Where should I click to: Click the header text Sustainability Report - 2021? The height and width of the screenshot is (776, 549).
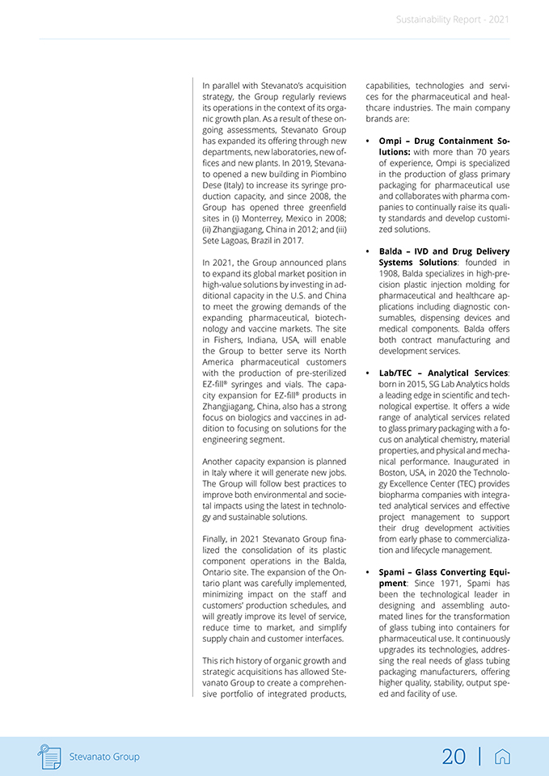pos(453,19)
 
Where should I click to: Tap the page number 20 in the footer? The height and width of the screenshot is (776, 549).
pos(454,757)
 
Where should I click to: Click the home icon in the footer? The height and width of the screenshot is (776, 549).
pos(502,757)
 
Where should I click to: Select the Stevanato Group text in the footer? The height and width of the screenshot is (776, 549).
pos(104,757)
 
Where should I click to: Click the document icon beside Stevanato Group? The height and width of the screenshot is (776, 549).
pos(49,757)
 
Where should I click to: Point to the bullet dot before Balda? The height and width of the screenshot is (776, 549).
pos(369,252)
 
